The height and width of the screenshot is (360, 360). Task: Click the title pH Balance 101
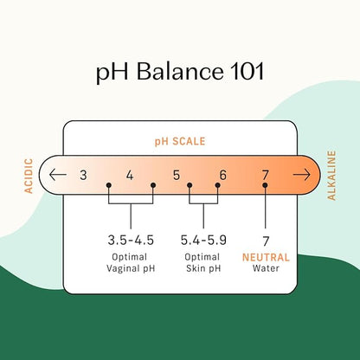pos(180,72)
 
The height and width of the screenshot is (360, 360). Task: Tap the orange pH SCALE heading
pos(180,141)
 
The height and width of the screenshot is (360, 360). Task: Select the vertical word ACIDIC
pos(29,176)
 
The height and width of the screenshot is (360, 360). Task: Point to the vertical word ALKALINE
pos(331,176)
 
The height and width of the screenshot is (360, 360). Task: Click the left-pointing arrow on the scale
pos(58,175)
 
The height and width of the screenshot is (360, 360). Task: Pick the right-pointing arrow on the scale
pos(302,175)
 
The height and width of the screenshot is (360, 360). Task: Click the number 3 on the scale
pos(83,175)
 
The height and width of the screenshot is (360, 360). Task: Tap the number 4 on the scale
pos(130,175)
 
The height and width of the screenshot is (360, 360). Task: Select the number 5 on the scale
pos(177,175)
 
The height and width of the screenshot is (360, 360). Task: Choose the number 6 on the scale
pos(223,175)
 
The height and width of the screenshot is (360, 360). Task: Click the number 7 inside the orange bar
pos(265,175)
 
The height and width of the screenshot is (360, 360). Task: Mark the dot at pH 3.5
pos(109,185)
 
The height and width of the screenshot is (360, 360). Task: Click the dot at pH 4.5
pos(153,185)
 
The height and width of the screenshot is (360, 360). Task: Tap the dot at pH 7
pos(265,185)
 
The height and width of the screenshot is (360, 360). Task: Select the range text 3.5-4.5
pos(131,240)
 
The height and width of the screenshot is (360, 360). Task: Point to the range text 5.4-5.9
pos(203,240)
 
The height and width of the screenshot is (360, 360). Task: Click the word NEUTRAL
pos(266,257)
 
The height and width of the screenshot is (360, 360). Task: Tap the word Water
pos(266,268)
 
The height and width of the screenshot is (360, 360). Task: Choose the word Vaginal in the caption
pos(120,269)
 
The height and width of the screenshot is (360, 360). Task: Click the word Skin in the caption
pos(196,268)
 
